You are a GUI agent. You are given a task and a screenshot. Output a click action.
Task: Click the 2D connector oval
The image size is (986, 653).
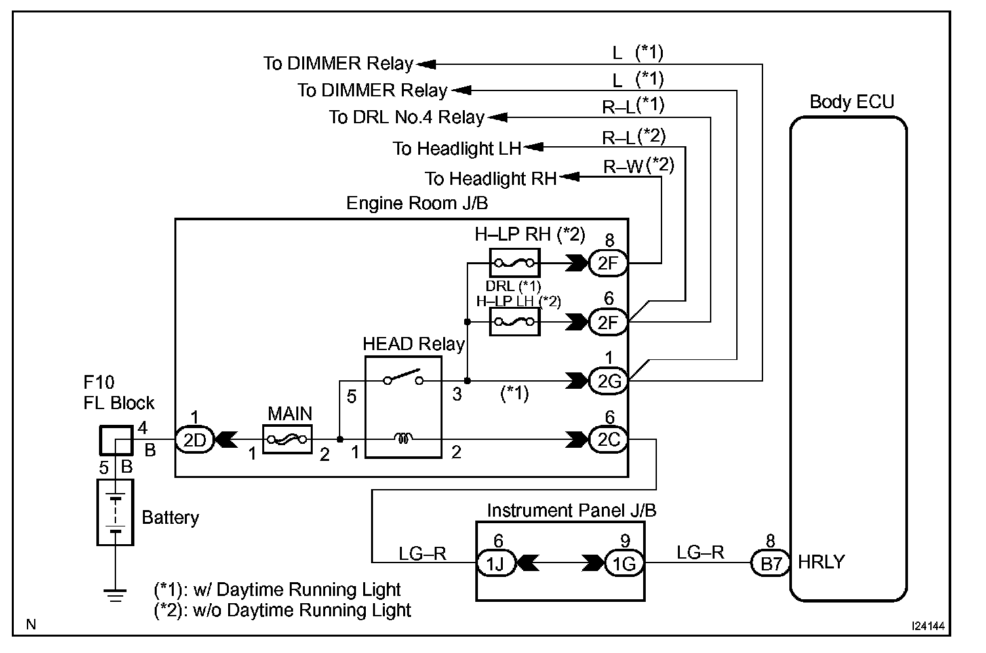(195, 440)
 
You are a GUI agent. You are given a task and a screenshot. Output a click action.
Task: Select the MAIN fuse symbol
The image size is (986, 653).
(287, 440)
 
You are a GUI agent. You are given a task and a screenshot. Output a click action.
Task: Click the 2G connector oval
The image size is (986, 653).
(608, 381)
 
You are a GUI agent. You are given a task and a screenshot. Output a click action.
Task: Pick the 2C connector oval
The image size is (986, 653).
(608, 440)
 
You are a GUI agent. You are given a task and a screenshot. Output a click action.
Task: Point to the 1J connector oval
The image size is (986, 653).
(498, 563)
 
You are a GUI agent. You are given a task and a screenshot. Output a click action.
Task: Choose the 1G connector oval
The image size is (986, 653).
(624, 563)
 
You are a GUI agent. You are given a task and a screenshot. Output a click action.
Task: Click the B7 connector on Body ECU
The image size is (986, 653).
(770, 563)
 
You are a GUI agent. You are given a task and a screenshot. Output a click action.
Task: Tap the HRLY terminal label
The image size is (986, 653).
(821, 562)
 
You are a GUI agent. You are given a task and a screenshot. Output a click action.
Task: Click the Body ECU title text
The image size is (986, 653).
(852, 102)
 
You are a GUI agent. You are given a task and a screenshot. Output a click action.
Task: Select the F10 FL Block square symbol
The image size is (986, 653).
(115, 440)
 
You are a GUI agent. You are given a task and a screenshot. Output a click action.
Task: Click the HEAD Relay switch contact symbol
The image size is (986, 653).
(403, 378)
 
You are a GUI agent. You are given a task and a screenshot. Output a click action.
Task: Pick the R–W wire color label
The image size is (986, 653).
(623, 167)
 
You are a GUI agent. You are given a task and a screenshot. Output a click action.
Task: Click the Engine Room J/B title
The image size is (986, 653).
(417, 203)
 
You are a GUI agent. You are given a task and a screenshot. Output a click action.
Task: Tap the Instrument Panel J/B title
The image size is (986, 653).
(572, 510)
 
